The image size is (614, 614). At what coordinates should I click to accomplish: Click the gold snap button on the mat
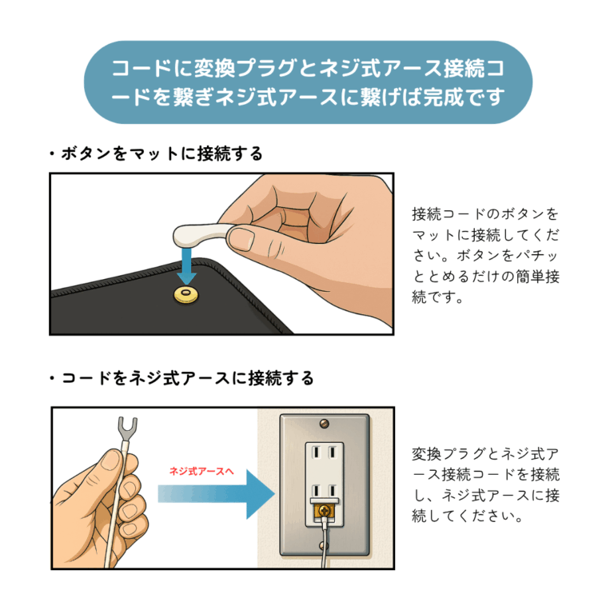click(185, 297)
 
